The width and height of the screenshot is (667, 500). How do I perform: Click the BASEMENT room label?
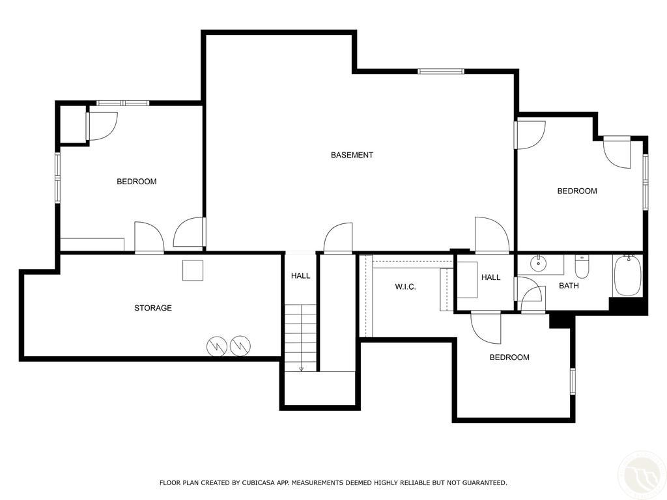(352, 155)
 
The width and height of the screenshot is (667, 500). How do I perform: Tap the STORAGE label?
(153, 308)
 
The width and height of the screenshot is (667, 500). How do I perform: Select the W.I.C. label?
(405, 287)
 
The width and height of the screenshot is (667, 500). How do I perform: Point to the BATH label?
(569, 286)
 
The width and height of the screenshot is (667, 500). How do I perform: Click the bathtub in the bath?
(627, 275)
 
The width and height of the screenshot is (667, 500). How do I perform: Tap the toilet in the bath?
(581, 266)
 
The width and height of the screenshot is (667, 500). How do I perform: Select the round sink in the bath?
(539, 263)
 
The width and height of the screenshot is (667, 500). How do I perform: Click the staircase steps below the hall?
(301, 338)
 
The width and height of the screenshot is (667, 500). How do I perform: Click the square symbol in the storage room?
(193, 270)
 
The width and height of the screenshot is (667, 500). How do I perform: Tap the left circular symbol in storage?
(217, 346)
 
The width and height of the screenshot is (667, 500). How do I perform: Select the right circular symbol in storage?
(240, 346)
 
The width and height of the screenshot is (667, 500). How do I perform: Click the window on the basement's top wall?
(440, 71)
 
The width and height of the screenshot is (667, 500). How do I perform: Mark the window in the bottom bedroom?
(573, 382)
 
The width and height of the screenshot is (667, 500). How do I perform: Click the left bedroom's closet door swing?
(102, 126)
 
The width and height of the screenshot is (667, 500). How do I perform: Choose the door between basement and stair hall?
(338, 238)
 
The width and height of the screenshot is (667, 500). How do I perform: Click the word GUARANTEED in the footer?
(485, 482)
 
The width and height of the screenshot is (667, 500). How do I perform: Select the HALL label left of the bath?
(491, 277)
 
